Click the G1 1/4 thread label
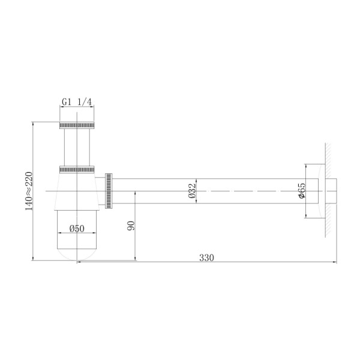click(77, 102)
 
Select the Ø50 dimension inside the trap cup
click(77, 229)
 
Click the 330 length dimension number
click(206, 257)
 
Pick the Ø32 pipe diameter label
click(191, 190)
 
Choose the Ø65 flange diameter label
click(302, 190)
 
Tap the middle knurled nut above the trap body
click(77, 167)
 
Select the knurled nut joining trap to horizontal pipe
click(109, 191)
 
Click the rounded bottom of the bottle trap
click(77, 254)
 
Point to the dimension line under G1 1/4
click(77, 109)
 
